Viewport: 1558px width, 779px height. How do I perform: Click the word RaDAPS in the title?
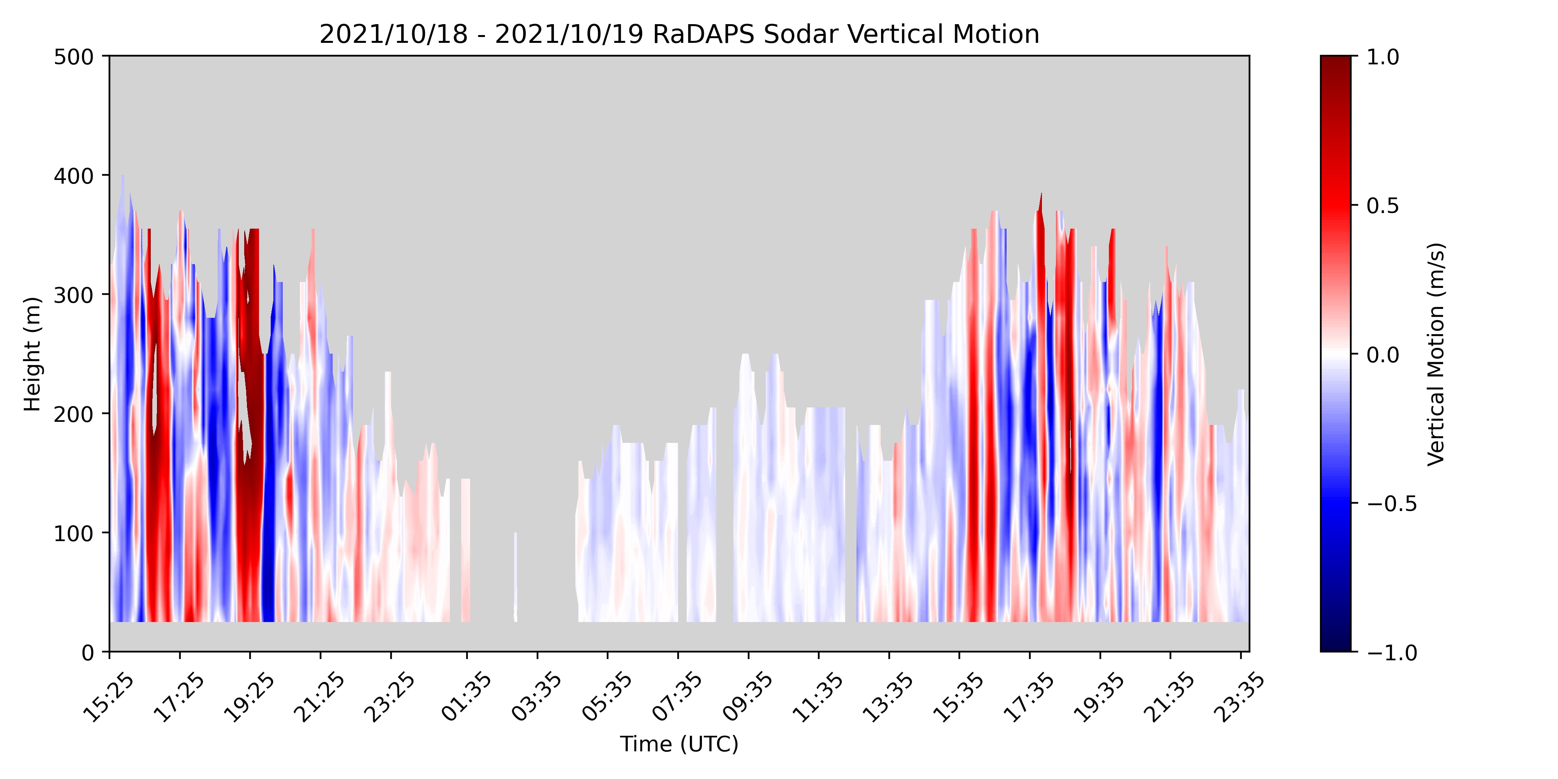coord(704,35)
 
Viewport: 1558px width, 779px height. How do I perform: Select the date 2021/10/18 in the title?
coord(394,35)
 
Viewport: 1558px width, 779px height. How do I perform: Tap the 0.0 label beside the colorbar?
coord(1383,354)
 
